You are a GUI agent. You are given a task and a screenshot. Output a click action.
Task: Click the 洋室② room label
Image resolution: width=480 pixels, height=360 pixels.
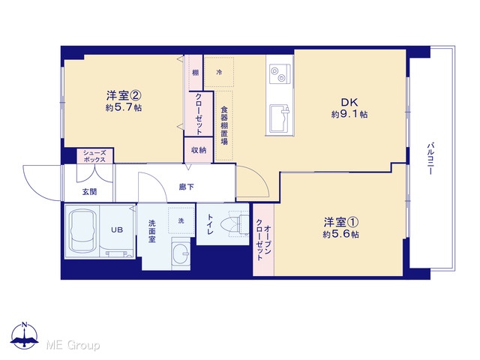124,95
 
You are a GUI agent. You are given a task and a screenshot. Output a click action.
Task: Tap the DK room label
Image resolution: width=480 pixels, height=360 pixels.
349,102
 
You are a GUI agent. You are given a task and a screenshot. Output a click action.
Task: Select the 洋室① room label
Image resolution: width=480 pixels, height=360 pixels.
341,222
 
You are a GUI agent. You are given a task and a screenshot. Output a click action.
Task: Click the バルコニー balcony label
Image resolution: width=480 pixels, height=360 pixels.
430,158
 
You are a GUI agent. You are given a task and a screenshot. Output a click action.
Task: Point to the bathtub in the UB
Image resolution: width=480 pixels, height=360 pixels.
82,230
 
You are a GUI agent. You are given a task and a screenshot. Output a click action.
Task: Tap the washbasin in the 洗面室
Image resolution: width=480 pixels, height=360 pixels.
181,253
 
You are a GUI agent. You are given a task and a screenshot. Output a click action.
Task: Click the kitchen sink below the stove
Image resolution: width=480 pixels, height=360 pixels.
279,118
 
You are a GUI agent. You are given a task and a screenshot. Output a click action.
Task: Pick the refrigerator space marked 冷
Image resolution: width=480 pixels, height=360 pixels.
219,72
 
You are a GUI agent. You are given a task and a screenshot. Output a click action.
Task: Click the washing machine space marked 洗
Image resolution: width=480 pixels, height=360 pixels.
181,220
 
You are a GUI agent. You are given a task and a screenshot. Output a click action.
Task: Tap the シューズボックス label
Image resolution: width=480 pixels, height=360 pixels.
94,157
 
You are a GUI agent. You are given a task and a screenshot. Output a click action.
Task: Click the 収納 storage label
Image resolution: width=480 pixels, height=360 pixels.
199,150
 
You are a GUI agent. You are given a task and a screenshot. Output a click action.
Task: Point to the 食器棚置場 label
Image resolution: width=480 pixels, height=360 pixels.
224,125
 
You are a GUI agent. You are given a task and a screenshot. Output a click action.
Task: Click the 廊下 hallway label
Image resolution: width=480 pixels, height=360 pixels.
187,187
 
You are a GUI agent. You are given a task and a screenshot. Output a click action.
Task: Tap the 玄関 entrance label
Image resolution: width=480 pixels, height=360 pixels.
89,192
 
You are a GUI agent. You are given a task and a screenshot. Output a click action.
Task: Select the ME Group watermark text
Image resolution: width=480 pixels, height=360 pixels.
73,346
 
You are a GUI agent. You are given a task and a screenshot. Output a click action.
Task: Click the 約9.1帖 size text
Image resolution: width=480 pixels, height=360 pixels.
349,115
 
